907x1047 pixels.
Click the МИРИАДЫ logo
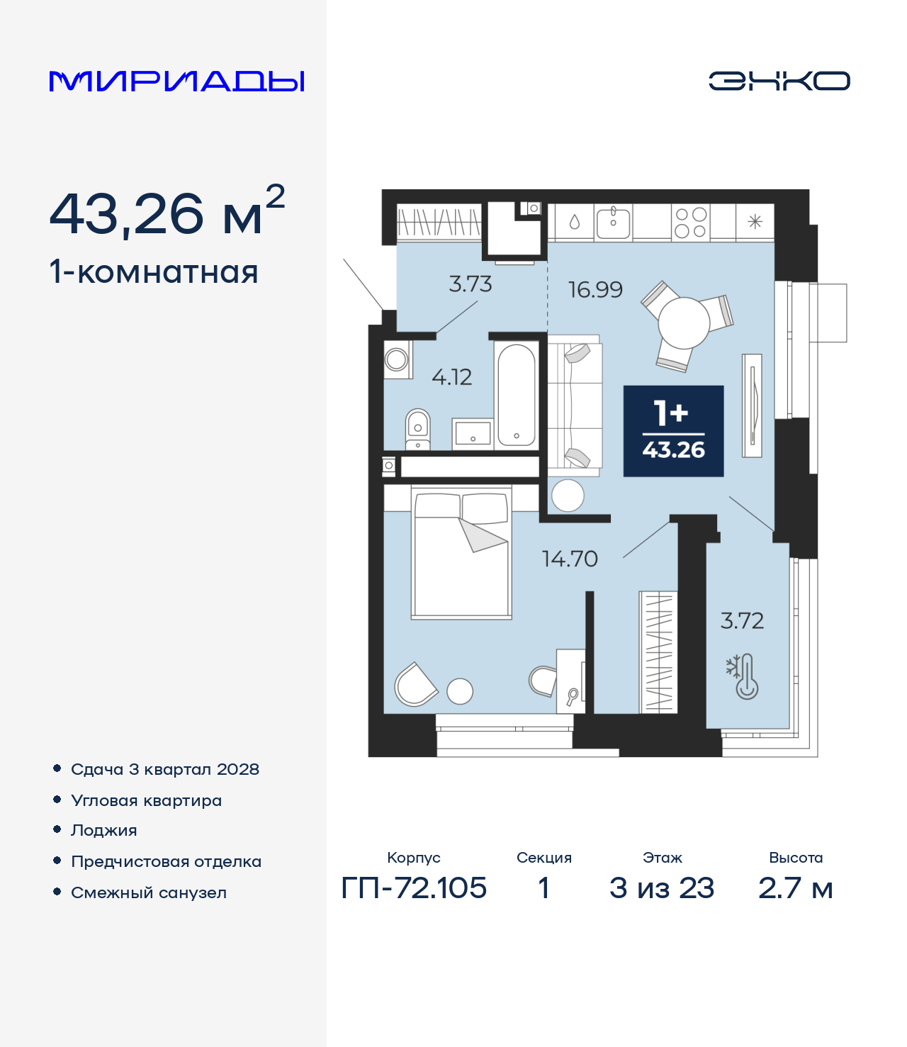click(x=176, y=81)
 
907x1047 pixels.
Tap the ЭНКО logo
click(x=779, y=81)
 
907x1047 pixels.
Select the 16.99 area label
click(x=595, y=290)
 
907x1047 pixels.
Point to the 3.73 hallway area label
click(x=471, y=284)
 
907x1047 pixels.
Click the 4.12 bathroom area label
click(x=451, y=377)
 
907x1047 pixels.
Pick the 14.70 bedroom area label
click(x=570, y=559)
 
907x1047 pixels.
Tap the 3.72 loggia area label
click(x=742, y=620)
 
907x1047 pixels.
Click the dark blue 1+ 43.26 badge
click(x=673, y=431)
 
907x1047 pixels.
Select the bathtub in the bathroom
click(x=516, y=395)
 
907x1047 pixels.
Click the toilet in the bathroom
click(x=418, y=429)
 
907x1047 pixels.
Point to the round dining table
click(x=684, y=323)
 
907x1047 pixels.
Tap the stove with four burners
click(x=691, y=222)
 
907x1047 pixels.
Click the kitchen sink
click(x=613, y=222)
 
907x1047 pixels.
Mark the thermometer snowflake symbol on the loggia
click(x=743, y=677)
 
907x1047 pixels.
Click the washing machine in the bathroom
click(x=397, y=359)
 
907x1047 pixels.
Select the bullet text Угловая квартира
click(x=147, y=801)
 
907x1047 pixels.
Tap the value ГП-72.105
click(x=414, y=888)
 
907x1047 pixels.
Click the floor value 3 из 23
click(x=662, y=888)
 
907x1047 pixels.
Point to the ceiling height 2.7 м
click(x=796, y=888)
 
